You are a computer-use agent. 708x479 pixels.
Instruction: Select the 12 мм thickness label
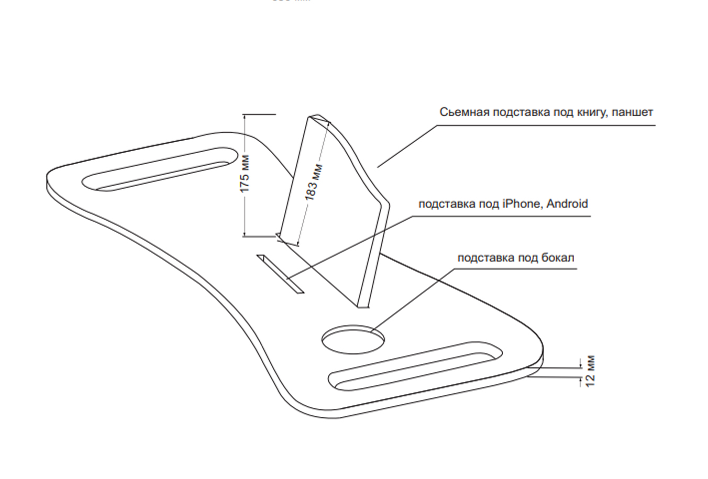point(591,371)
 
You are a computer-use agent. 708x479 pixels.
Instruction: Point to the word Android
point(567,203)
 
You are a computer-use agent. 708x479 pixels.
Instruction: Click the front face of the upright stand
point(335,209)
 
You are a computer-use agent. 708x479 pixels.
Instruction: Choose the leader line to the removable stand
point(407,146)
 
